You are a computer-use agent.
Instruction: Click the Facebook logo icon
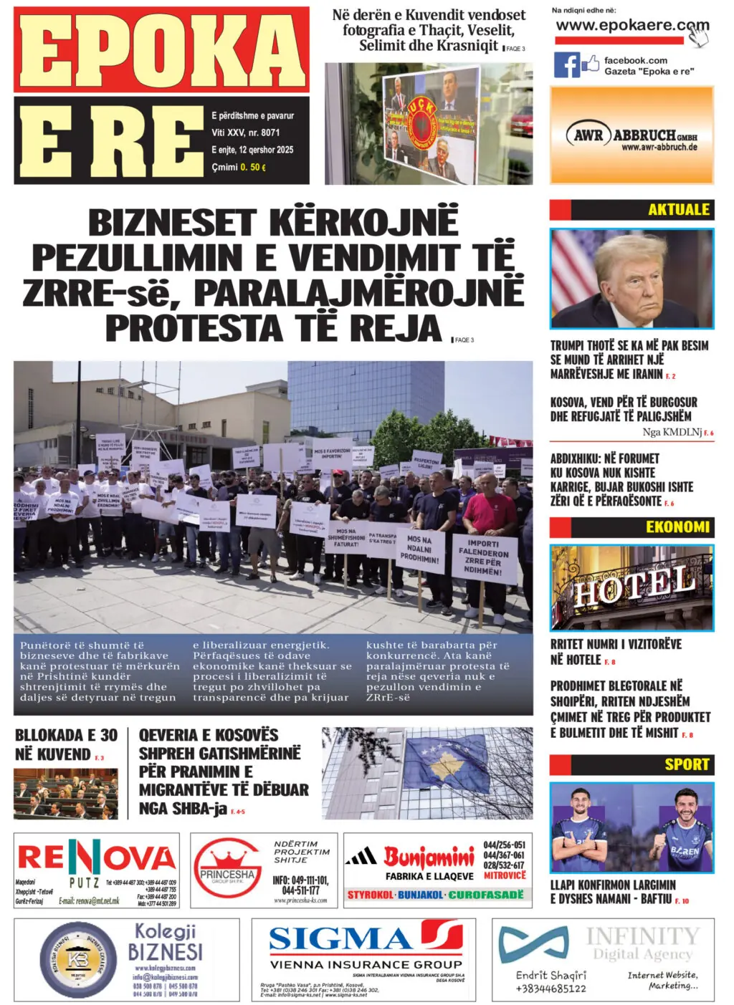[x=566, y=65]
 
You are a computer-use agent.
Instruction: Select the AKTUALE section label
[x=678, y=210]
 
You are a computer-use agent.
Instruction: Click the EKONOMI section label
[x=677, y=527]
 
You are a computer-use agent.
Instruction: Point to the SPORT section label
[x=686, y=764]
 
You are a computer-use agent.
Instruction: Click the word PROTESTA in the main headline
[x=194, y=329]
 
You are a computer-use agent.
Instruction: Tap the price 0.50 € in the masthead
[x=253, y=167]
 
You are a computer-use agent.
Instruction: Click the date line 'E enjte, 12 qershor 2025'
[x=252, y=150]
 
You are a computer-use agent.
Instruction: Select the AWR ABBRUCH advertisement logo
[x=631, y=135]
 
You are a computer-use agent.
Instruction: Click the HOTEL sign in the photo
[x=634, y=586]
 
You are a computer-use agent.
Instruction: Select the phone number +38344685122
[x=550, y=989]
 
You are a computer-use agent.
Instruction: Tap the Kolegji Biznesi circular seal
[x=77, y=961]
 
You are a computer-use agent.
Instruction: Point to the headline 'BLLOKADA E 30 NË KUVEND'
[x=66, y=744]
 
